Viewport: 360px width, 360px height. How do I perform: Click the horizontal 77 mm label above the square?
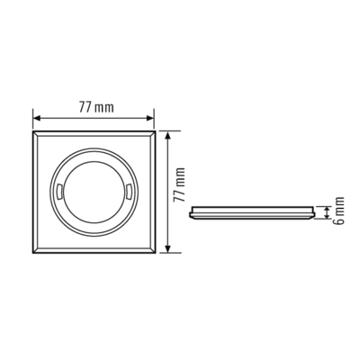94,107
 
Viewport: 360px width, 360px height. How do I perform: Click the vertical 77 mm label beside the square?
178,191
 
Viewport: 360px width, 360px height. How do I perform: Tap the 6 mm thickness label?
338,211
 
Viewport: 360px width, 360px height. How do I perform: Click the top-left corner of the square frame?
33,131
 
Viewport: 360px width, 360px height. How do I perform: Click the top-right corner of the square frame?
156,131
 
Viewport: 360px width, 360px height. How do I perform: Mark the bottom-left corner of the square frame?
33,253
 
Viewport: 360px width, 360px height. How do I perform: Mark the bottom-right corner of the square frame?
156,253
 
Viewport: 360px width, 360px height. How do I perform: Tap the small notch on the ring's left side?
58,192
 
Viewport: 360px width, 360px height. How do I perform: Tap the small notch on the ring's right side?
131,192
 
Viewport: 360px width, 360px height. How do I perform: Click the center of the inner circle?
94,191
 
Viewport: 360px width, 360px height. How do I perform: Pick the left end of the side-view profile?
191,213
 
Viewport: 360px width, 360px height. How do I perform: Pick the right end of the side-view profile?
316,213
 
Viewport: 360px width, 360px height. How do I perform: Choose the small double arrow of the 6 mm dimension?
327,212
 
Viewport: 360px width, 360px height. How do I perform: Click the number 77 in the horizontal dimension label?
84,107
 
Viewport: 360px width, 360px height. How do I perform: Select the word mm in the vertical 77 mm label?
178,178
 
